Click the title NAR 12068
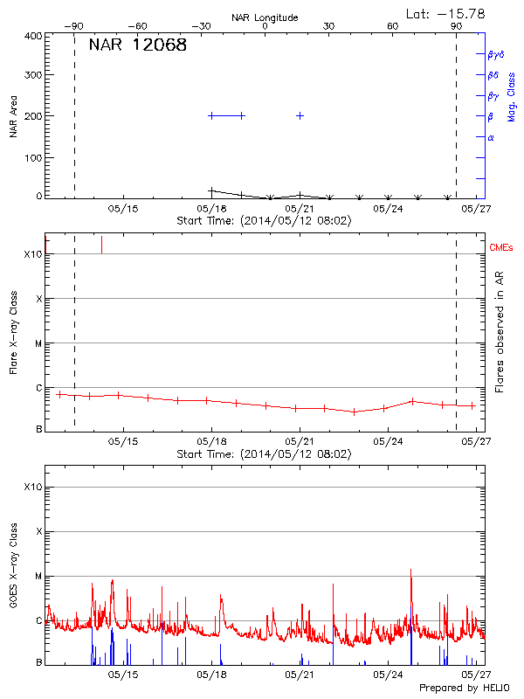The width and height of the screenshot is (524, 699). click(x=137, y=45)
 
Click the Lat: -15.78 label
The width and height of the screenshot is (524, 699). click(x=446, y=13)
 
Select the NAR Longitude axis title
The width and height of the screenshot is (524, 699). click(x=265, y=17)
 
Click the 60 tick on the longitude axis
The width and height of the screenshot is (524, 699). click(x=393, y=27)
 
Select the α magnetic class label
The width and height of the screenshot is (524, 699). click(x=491, y=137)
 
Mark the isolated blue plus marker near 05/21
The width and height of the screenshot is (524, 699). click(x=300, y=115)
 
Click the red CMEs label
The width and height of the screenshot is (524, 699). click(x=501, y=248)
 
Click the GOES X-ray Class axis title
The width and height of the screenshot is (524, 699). click(x=13, y=568)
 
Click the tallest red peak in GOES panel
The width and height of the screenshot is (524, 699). click(x=410, y=571)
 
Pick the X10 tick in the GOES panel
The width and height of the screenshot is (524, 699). click(x=32, y=487)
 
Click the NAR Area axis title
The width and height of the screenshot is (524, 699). click(x=13, y=115)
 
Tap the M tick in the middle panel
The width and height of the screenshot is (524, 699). click(x=37, y=343)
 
